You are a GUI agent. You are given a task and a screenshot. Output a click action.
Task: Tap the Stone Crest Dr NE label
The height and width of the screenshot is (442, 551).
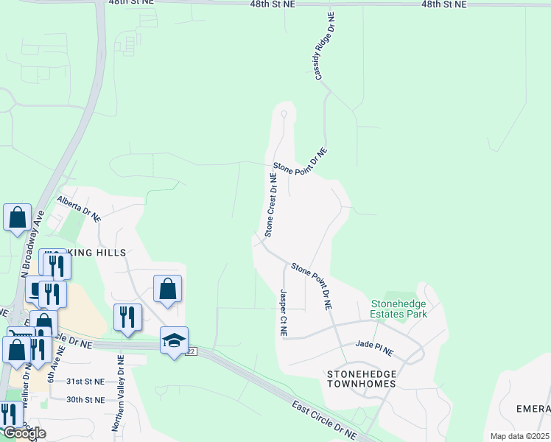(x=271, y=206)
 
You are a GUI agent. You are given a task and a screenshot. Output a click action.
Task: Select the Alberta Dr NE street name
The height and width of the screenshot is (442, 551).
(x=78, y=208)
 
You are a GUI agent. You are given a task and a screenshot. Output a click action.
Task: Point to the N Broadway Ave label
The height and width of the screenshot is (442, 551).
(x=29, y=242)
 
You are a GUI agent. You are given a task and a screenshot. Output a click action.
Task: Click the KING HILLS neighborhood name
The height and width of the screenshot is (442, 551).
(x=99, y=253)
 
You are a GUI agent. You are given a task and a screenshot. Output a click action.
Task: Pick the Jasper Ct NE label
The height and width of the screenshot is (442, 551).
(x=283, y=312)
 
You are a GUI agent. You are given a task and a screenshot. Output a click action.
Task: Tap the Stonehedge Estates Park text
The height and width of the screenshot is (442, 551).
(x=399, y=309)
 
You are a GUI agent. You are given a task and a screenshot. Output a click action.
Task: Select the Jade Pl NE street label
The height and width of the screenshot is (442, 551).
(x=374, y=343)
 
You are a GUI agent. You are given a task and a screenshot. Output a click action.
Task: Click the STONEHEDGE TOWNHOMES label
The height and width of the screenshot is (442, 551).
(x=362, y=380)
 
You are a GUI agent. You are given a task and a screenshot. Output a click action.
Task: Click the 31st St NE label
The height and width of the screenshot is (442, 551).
(x=85, y=382)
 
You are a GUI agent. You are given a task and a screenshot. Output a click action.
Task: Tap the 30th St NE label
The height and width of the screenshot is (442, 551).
(x=85, y=399)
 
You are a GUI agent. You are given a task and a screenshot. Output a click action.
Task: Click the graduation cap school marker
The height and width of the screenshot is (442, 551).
(x=174, y=340)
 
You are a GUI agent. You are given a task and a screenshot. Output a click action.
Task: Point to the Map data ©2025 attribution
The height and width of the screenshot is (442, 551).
(x=519, y=436)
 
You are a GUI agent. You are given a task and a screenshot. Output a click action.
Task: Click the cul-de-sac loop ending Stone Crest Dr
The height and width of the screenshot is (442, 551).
(x=284, y=113)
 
